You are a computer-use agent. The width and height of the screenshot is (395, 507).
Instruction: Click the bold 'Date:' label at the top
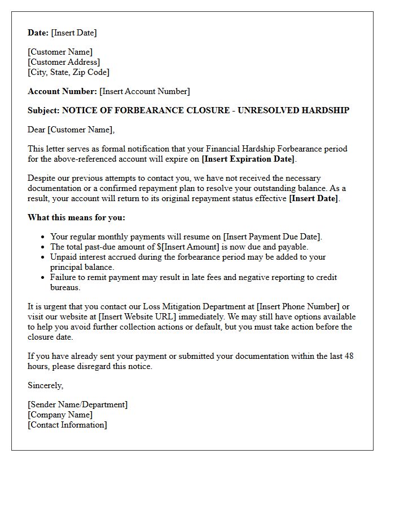38,33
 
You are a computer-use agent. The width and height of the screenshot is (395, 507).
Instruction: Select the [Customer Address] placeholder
64,62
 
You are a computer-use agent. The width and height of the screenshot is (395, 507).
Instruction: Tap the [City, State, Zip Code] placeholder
68,72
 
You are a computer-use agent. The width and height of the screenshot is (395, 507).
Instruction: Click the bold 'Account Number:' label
62,91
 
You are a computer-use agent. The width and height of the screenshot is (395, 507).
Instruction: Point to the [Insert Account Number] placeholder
144,91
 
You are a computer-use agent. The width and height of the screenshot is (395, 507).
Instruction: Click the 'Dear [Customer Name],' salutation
71,130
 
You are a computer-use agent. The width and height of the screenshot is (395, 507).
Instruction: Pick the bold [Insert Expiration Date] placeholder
248,159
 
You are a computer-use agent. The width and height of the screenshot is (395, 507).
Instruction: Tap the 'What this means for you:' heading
76,217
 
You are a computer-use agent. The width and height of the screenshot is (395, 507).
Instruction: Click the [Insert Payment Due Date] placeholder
272,237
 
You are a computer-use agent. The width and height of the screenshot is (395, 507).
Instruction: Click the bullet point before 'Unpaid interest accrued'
44,257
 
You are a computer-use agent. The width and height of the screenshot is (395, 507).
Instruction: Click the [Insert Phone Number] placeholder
298,306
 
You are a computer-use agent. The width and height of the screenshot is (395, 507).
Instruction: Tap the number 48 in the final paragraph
349,356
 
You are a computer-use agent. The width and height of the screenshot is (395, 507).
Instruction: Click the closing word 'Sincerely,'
46,385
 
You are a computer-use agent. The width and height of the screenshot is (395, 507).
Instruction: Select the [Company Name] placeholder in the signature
60,415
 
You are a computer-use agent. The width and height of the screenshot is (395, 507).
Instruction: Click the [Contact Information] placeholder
67,425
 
